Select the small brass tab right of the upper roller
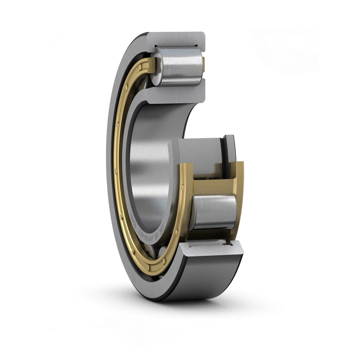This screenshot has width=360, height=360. [203, 63]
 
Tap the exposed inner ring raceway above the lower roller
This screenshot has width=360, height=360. [198, 153]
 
